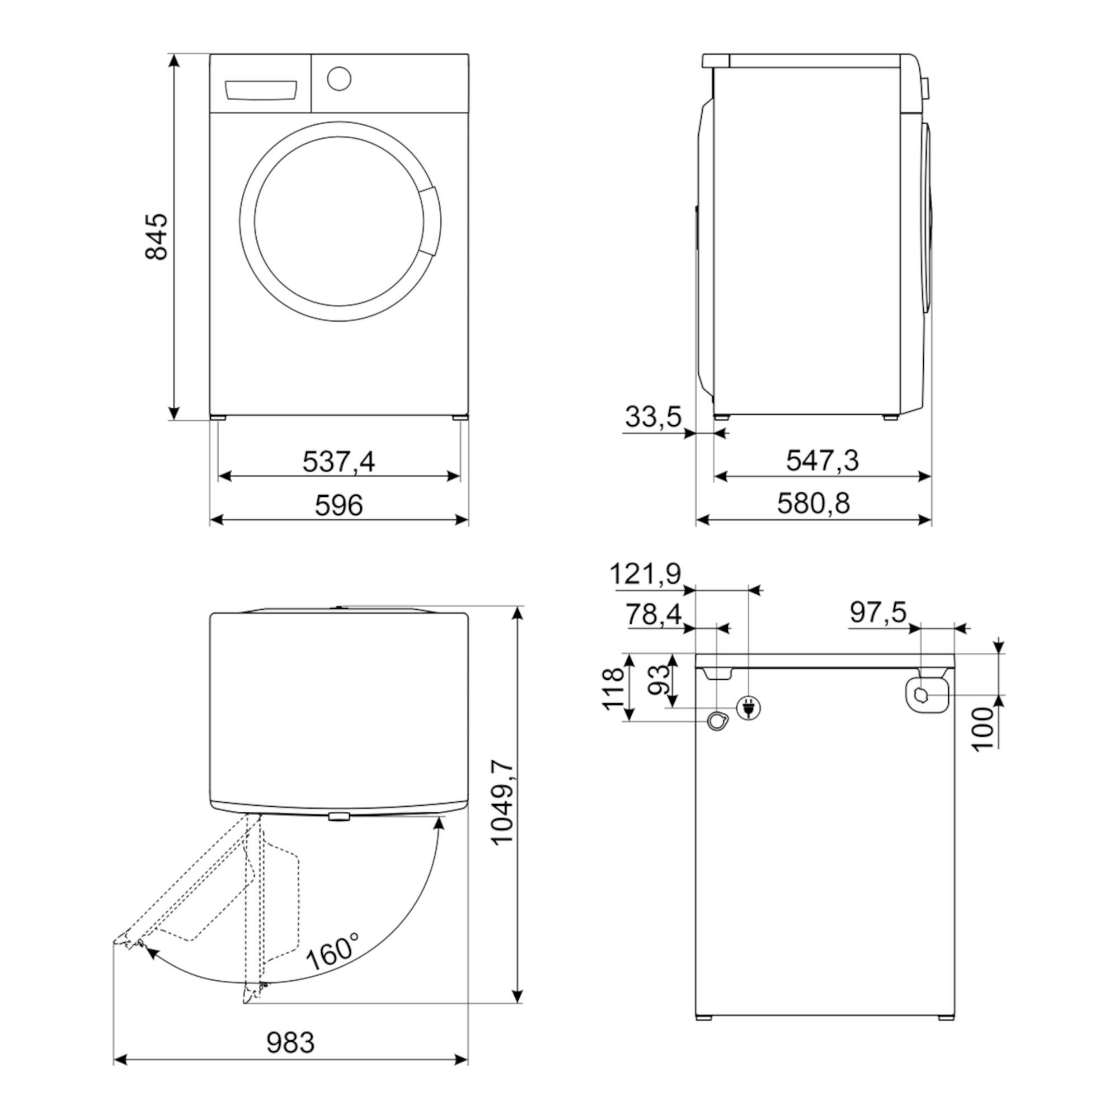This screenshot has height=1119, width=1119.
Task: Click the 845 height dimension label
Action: (x=157, y=237)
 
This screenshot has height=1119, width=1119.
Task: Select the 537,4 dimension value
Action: (x=339, y=462)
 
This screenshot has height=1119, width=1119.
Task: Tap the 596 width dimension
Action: (x=339, y=505)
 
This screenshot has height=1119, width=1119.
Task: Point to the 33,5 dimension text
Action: (x=653, y=416)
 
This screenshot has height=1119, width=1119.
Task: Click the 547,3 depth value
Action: (x=822, y=460)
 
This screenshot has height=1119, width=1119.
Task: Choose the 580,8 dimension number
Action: (x=813, y=504)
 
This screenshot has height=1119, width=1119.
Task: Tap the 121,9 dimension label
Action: (x=645, y=575)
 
